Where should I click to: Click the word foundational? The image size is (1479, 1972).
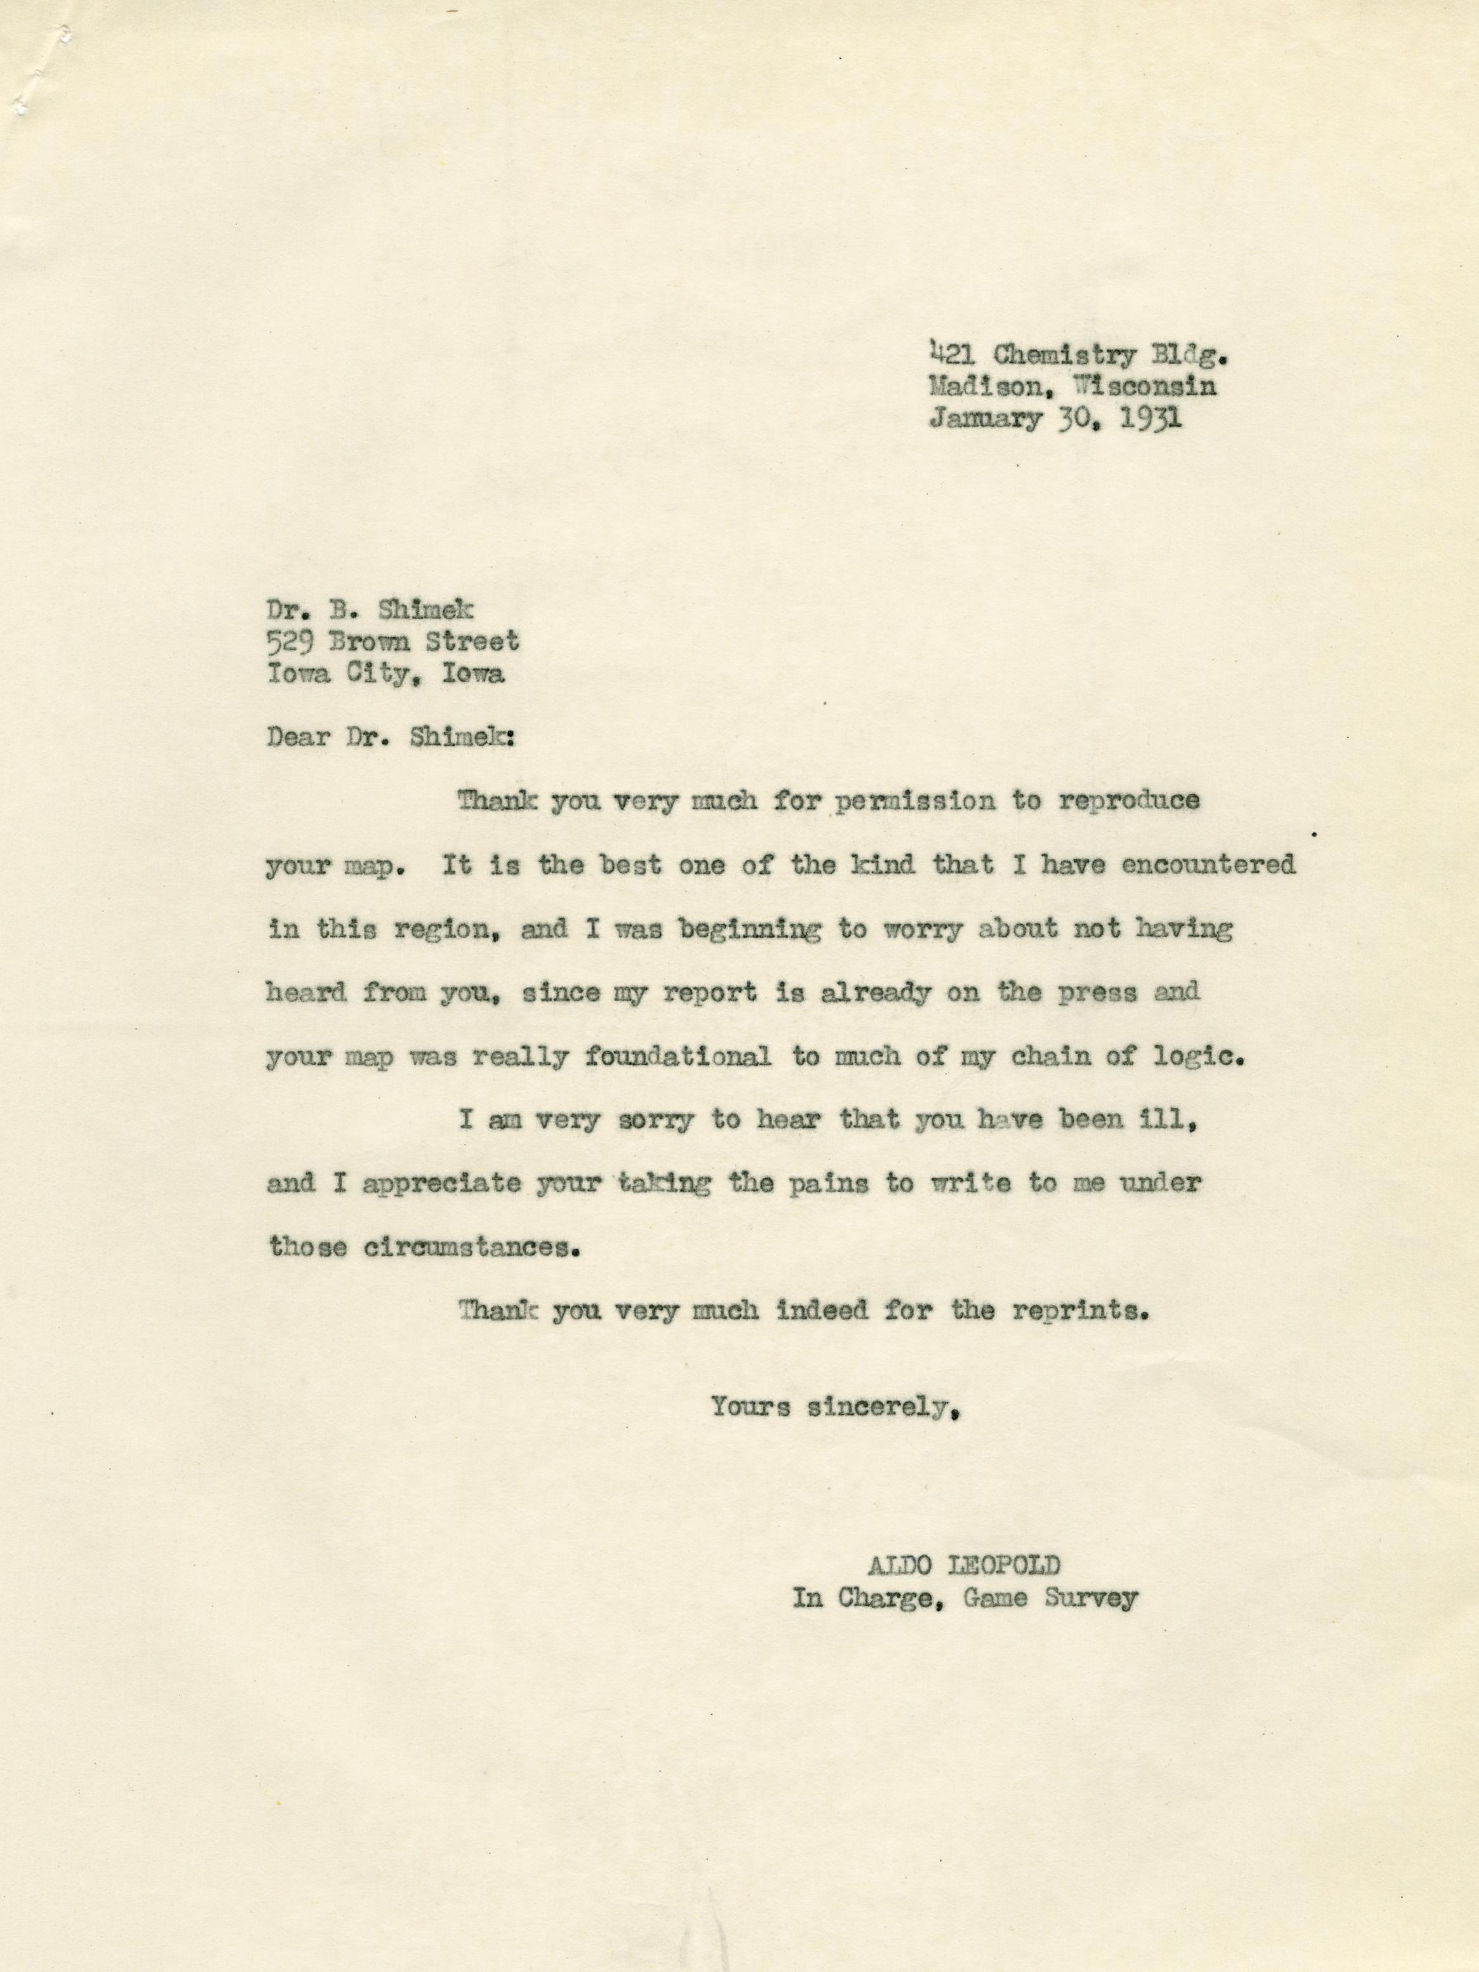[677, 1057]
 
